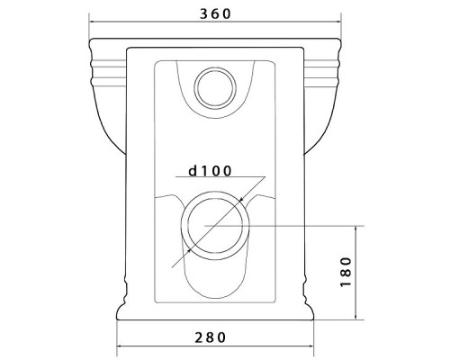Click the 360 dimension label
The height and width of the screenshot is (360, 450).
215,13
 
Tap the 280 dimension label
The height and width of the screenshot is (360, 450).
210,337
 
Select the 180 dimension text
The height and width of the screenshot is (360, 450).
346,272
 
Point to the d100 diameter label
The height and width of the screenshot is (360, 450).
210,171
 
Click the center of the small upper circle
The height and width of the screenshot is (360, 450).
215,88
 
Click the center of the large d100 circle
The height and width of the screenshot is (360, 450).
215,226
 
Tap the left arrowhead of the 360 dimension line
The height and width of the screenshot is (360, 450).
93,22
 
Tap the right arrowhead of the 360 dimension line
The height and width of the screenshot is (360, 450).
338,22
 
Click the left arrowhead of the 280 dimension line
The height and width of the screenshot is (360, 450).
120,346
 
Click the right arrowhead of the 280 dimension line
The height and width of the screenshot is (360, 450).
310,346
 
